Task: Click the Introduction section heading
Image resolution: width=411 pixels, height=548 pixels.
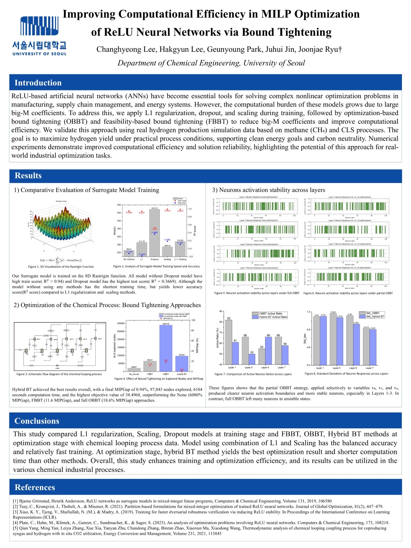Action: coord(38,83)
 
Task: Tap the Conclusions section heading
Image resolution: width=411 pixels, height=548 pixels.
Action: coord(37,421)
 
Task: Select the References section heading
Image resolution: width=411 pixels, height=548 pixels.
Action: coord(35,487)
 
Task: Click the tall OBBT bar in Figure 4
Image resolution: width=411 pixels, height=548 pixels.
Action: coord(166,348)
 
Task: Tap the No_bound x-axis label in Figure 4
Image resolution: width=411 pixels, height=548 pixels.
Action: coord(134,374)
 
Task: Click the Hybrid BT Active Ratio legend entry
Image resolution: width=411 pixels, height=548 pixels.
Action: coord(273,317)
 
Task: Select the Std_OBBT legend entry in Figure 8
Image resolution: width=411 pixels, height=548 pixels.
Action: coord(373,313)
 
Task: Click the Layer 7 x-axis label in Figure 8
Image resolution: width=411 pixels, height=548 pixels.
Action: coord(369,368)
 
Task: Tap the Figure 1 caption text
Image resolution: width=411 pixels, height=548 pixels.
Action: coord(61,266)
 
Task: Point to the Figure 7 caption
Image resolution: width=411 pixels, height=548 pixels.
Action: coord(253,374)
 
